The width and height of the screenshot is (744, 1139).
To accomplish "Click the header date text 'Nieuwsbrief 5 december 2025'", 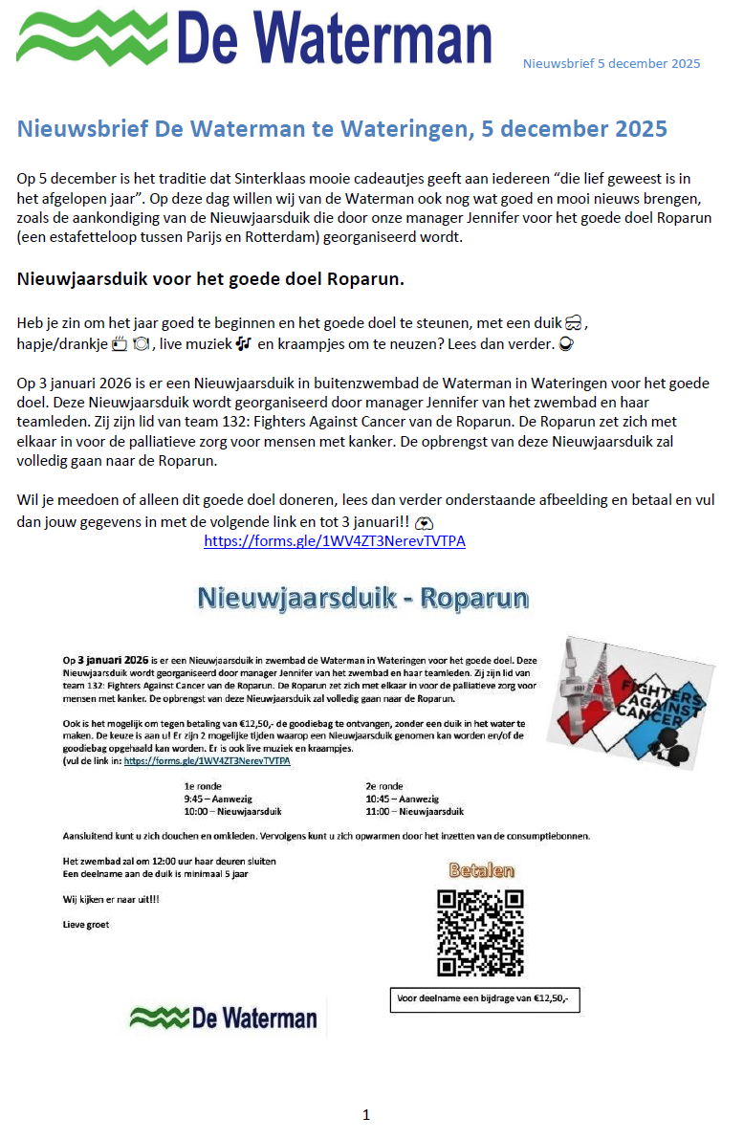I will [611, 64].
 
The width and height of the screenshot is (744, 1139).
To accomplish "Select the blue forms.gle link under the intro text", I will [335, 541].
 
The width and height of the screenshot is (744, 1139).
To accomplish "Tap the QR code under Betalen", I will [480, 932].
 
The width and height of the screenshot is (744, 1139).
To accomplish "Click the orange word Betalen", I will [482, 870].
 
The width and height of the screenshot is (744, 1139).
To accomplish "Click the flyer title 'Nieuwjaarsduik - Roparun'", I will [362, 598].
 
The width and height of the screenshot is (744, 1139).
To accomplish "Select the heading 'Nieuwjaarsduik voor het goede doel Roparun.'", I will [210, 279].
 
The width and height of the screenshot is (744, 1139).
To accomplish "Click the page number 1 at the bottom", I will [366, 1114].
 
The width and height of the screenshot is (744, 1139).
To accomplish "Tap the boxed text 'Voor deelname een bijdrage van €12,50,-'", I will [484, 998].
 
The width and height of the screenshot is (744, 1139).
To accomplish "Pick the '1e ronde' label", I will [203, 786].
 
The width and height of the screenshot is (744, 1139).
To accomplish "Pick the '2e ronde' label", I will [384, 786].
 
